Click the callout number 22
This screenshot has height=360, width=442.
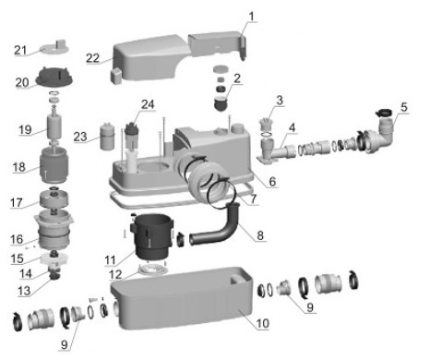(x=93, y=58)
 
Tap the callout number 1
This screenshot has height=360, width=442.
(x=252, y=17)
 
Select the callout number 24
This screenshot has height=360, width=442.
(x=148, y=104)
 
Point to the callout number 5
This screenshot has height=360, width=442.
(x=404, y=107)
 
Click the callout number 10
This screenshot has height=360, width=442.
(x=263, y=323)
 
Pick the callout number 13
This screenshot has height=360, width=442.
(x=24, y=291)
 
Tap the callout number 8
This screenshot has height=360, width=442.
(x=260, y=235)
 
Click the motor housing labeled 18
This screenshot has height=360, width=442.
(x=54, y=165)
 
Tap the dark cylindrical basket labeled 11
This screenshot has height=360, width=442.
(x=152, y=236)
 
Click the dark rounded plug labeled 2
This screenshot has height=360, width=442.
(x=221, y=103)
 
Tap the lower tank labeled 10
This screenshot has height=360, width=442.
(x=182, y=298)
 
